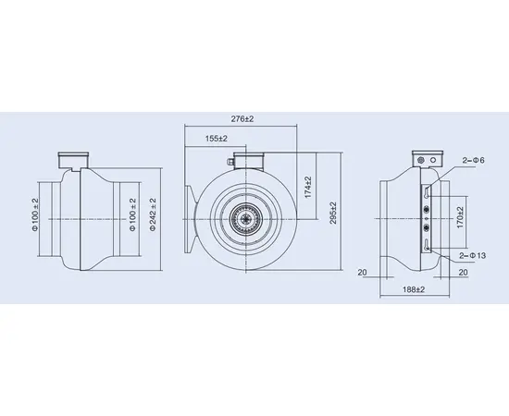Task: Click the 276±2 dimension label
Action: tap(242, 119)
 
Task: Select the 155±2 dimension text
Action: tap(217, 139)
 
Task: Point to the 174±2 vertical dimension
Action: tap(308, 187)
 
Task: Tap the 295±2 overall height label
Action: tap(333, 213)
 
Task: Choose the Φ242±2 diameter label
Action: tap(153, 214)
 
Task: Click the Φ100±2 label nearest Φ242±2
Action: tap(132, 214)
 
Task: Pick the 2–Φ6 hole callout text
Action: tap(473, 160)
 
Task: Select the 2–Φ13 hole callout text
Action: tap(473, 255)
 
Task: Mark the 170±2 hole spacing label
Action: tap(460, 217)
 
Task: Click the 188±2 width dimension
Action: tap(414, 289)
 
